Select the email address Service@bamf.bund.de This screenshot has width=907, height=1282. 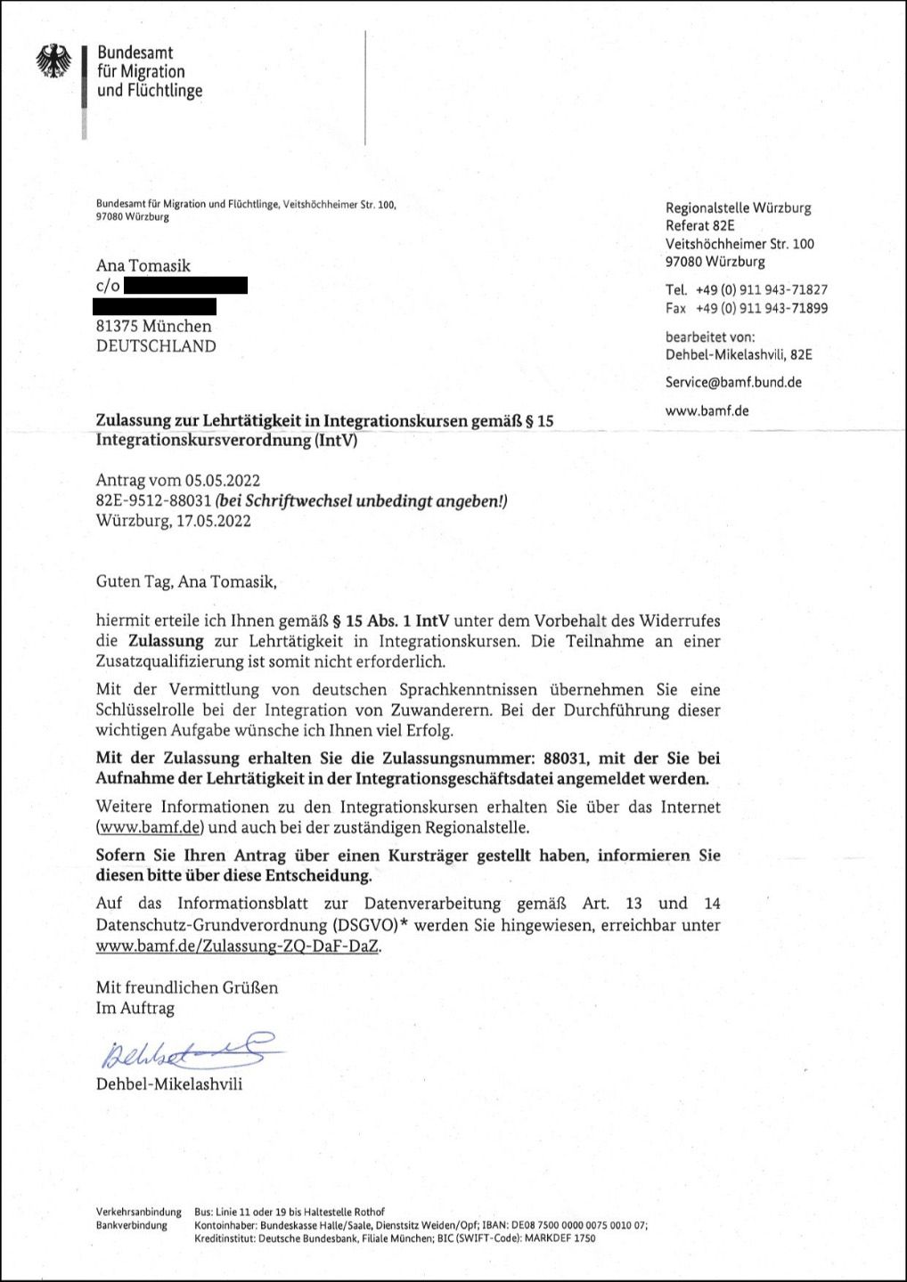(x=733, y=382)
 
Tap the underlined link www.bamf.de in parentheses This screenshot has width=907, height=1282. (x=151, y=828)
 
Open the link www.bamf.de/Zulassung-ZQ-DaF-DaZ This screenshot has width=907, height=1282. (x=238, y=947)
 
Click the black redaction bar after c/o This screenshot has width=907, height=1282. (x=185, y=286)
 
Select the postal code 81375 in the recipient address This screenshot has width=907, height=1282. (x=118, y=327)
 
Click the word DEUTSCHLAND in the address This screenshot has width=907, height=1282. (x=156, y=346)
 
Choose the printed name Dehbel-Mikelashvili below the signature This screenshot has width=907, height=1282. (x=169, y=1084)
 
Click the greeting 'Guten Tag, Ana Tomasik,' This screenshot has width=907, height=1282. (x=187, y=583)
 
